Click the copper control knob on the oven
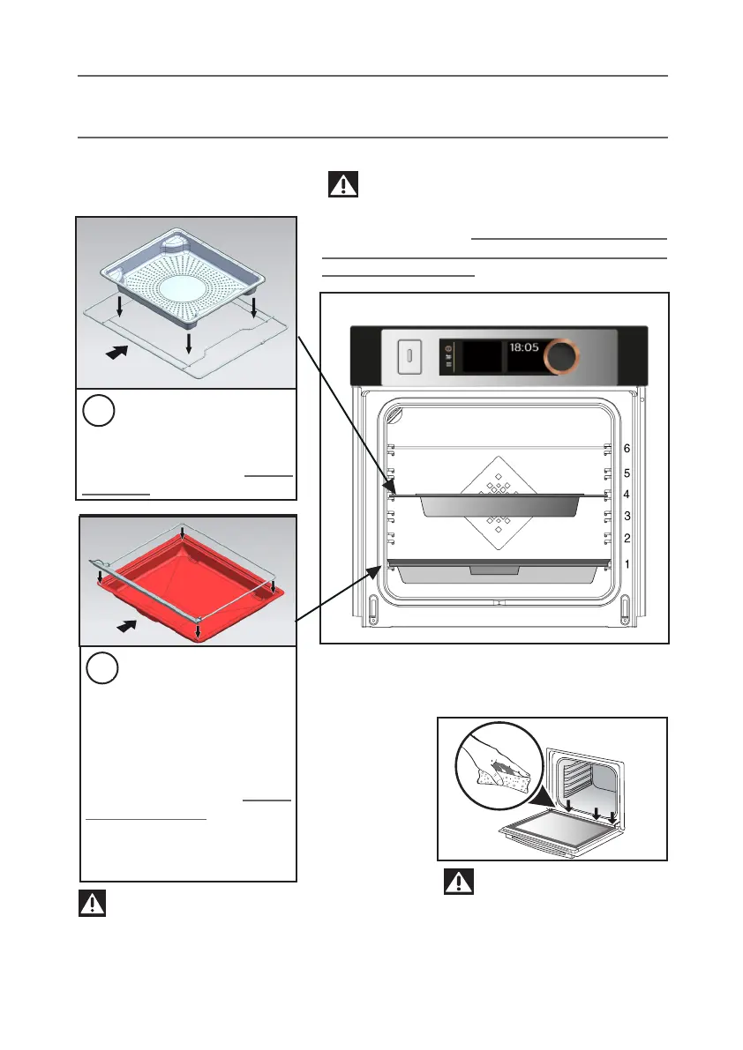[x=561, y=356]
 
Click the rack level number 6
[x=627, y=449]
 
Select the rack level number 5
[x=627, y=473]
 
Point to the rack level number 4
[x=627, y=495]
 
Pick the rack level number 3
[x=627, y=516]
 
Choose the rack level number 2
[x=627, y=538]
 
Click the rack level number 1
[x=627, y=563]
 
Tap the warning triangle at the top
[x=343, y=184]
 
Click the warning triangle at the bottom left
[x=93, y=904]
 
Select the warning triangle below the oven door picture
[x=458, y=882]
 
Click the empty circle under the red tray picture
[x=103, y=669]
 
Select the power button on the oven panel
[x=409, y=357]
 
